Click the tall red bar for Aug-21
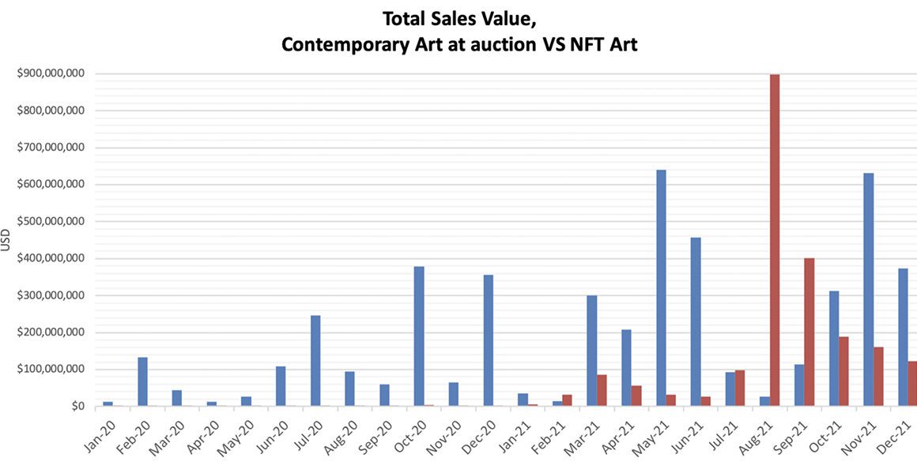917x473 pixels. pos(775,240)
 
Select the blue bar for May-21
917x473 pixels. pos(661,287)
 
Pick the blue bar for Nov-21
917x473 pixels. pos(869,289)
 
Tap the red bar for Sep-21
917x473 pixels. pos(809,332)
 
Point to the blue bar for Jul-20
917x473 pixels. pos(315,361)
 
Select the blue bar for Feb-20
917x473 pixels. pos(142,381)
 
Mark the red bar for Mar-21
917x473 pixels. pos(602,390)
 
